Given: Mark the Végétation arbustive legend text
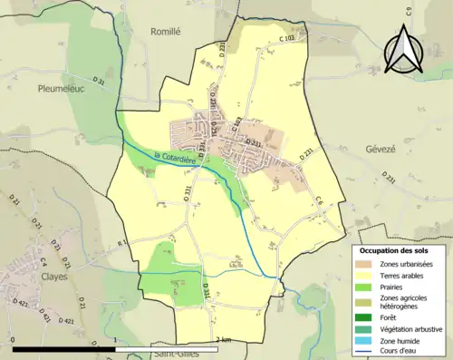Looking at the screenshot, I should tap(406, 330).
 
